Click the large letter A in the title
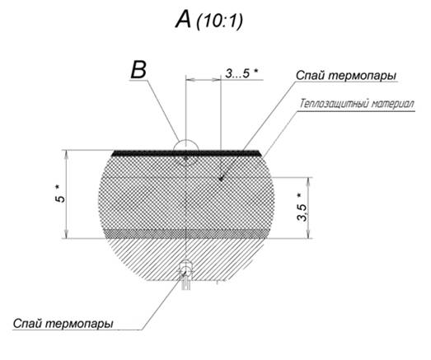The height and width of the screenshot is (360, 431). click(183, 20)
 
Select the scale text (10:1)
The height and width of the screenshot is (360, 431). click(219, 21)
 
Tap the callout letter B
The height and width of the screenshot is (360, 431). click(138, 70)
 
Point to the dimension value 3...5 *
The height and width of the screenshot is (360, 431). click(241, 73)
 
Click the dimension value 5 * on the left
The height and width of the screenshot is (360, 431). click(60, 194)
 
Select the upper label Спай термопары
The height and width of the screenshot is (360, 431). click(346, 75)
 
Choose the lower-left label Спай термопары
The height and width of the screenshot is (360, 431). click(63, 324)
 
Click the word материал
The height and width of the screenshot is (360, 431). click(393, 105)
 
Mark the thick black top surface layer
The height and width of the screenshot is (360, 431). click(185, 153)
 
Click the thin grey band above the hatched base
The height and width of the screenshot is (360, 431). click(185, 234)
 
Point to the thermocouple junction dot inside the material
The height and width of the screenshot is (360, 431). click(220, 179)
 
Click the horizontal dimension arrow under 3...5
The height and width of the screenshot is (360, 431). click(203, 80)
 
